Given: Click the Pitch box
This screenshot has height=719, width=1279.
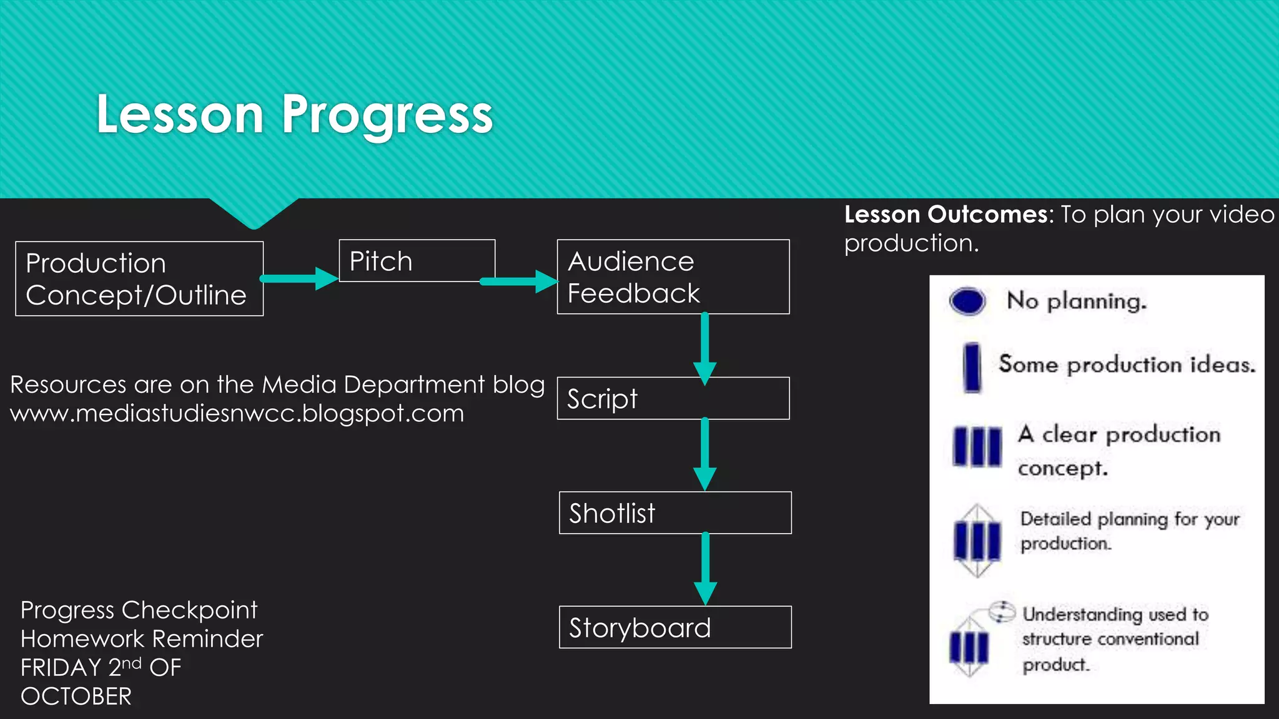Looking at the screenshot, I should (x=417, y=261).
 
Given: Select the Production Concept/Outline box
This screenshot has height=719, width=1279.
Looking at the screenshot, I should (x=139, y=279).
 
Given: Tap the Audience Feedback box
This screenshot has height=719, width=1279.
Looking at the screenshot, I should (x=673, y=276).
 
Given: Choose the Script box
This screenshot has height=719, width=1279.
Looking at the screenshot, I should (x=673, y=398).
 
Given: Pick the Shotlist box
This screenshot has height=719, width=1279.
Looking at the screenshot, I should (x=674, y=513).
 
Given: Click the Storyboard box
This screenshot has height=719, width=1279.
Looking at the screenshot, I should (x=674, y=627).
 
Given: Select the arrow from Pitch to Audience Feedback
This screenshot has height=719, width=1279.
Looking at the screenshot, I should (x=518, y=281).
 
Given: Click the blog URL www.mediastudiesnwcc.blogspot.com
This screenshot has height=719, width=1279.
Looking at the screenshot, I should (x=237, y=414).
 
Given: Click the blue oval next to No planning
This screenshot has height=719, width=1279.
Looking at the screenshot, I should (x=967, y=301).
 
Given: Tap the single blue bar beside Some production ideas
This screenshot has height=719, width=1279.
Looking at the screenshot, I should (x=972, y=367).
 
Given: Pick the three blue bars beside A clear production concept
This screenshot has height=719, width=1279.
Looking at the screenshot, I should (x=977, y=446).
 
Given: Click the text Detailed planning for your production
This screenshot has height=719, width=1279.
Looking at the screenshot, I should (x=1129, y=531).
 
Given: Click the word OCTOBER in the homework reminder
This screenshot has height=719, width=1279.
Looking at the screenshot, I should (x=76, y=697).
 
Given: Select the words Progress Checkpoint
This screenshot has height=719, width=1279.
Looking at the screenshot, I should (x=139, y=610).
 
